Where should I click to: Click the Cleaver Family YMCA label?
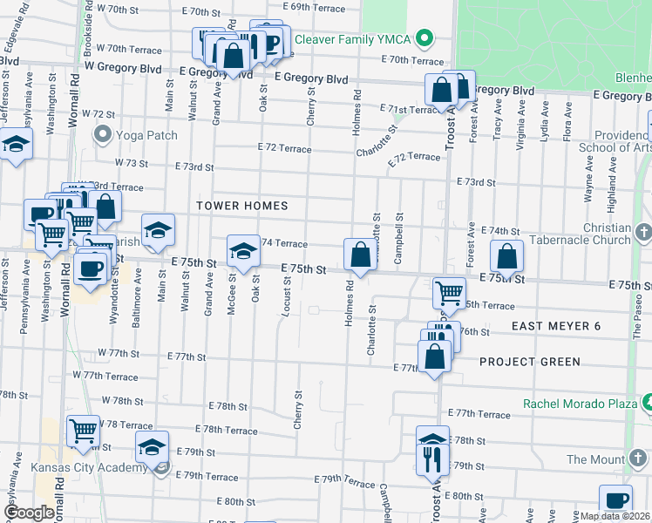(352, 39)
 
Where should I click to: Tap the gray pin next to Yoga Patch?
(103, 135)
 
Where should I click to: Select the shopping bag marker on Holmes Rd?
(360, 255)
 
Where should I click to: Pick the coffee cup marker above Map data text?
(616, 500)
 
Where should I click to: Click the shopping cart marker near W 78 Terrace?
(83, 430)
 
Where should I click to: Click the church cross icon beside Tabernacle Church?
(643, 233)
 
